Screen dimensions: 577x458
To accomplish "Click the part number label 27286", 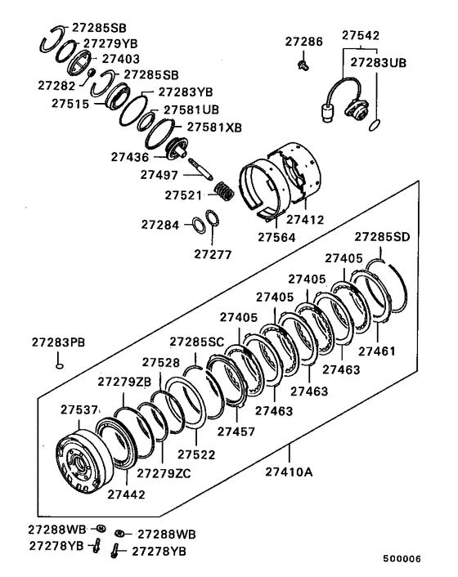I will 303,41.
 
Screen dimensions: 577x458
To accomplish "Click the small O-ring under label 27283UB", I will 375,125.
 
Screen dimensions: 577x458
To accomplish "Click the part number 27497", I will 159,174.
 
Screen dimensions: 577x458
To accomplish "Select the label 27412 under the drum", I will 306,218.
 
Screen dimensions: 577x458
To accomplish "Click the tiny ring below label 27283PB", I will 59,365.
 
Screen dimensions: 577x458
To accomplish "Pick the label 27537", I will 79,409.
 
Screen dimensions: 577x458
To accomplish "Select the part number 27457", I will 236,431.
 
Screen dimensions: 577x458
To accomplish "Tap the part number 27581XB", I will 213,127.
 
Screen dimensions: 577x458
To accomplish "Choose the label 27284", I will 159,224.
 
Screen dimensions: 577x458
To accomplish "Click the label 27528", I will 161,361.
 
